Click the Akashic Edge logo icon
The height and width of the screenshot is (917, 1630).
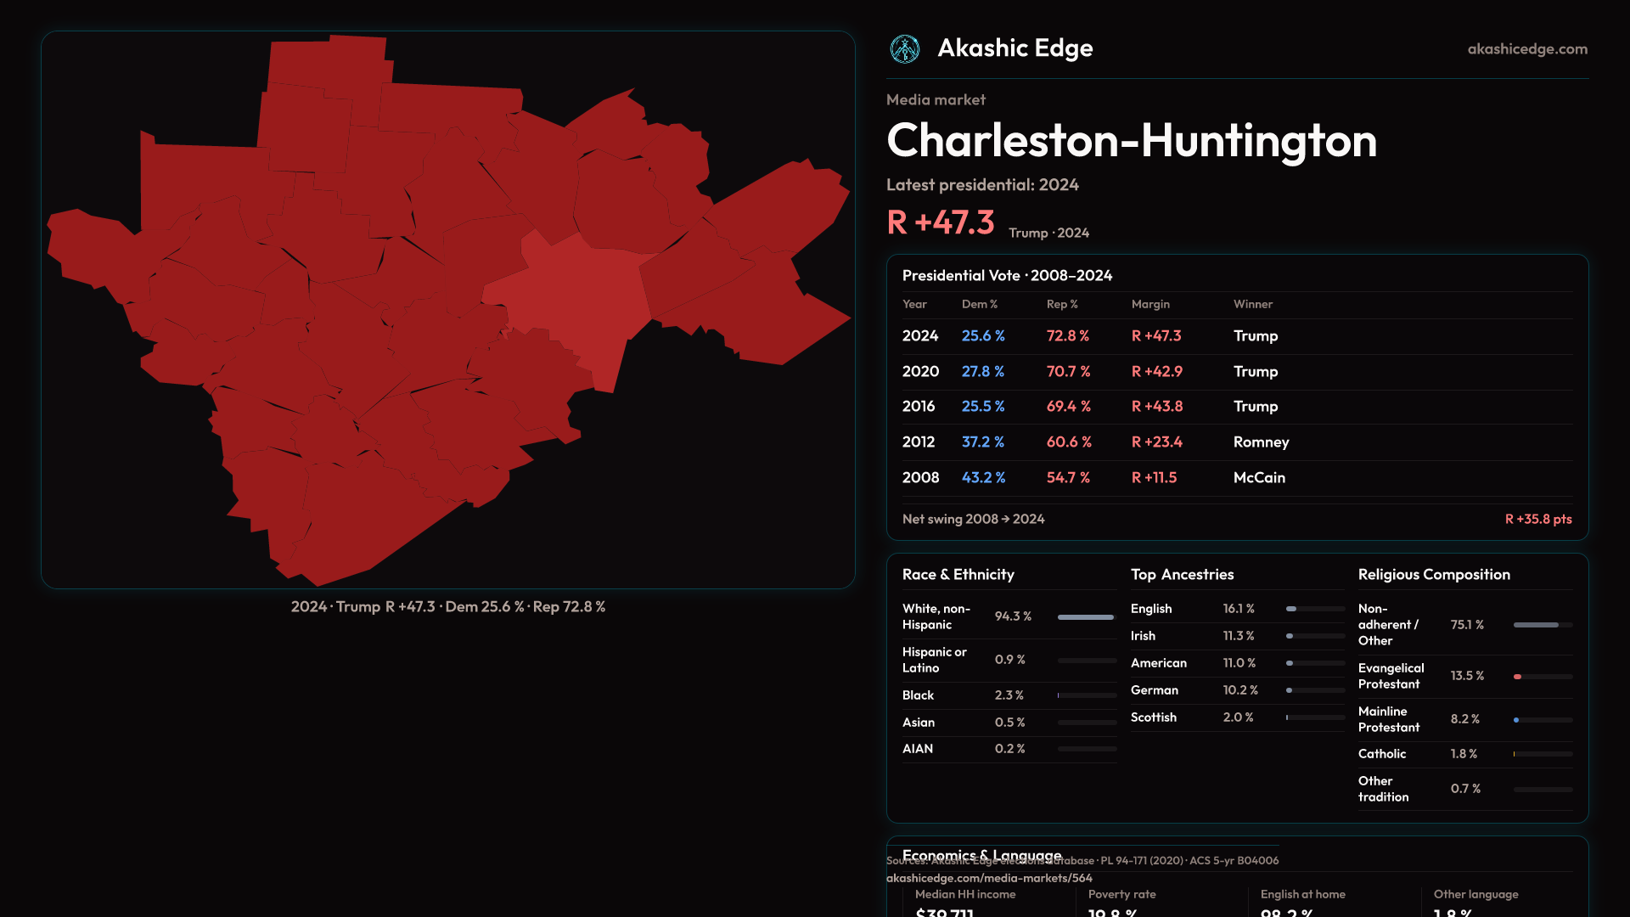904,49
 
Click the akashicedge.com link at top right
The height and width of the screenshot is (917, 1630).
1527,49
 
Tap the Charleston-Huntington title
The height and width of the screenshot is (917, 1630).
1131,140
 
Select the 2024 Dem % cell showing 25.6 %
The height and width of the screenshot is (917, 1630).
982,336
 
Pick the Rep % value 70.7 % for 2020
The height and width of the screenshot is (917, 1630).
1068,372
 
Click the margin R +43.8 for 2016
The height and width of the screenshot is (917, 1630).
1156,407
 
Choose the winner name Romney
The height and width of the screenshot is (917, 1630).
1261,442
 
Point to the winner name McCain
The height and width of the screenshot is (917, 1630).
1259,478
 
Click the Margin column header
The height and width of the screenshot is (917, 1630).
1150,304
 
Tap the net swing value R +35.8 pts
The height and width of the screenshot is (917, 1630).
1537,519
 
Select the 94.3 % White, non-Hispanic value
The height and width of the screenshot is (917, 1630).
1013,616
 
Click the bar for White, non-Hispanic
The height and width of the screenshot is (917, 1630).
1086,617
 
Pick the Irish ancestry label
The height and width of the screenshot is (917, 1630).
1143,636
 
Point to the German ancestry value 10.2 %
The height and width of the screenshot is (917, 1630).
1240,690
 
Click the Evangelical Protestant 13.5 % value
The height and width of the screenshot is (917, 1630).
1467,676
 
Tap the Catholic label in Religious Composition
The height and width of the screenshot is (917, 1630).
1381,754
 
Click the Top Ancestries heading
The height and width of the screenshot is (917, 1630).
1182,575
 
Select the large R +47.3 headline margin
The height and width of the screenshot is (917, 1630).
940,222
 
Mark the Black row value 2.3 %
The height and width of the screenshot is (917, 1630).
1009,695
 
